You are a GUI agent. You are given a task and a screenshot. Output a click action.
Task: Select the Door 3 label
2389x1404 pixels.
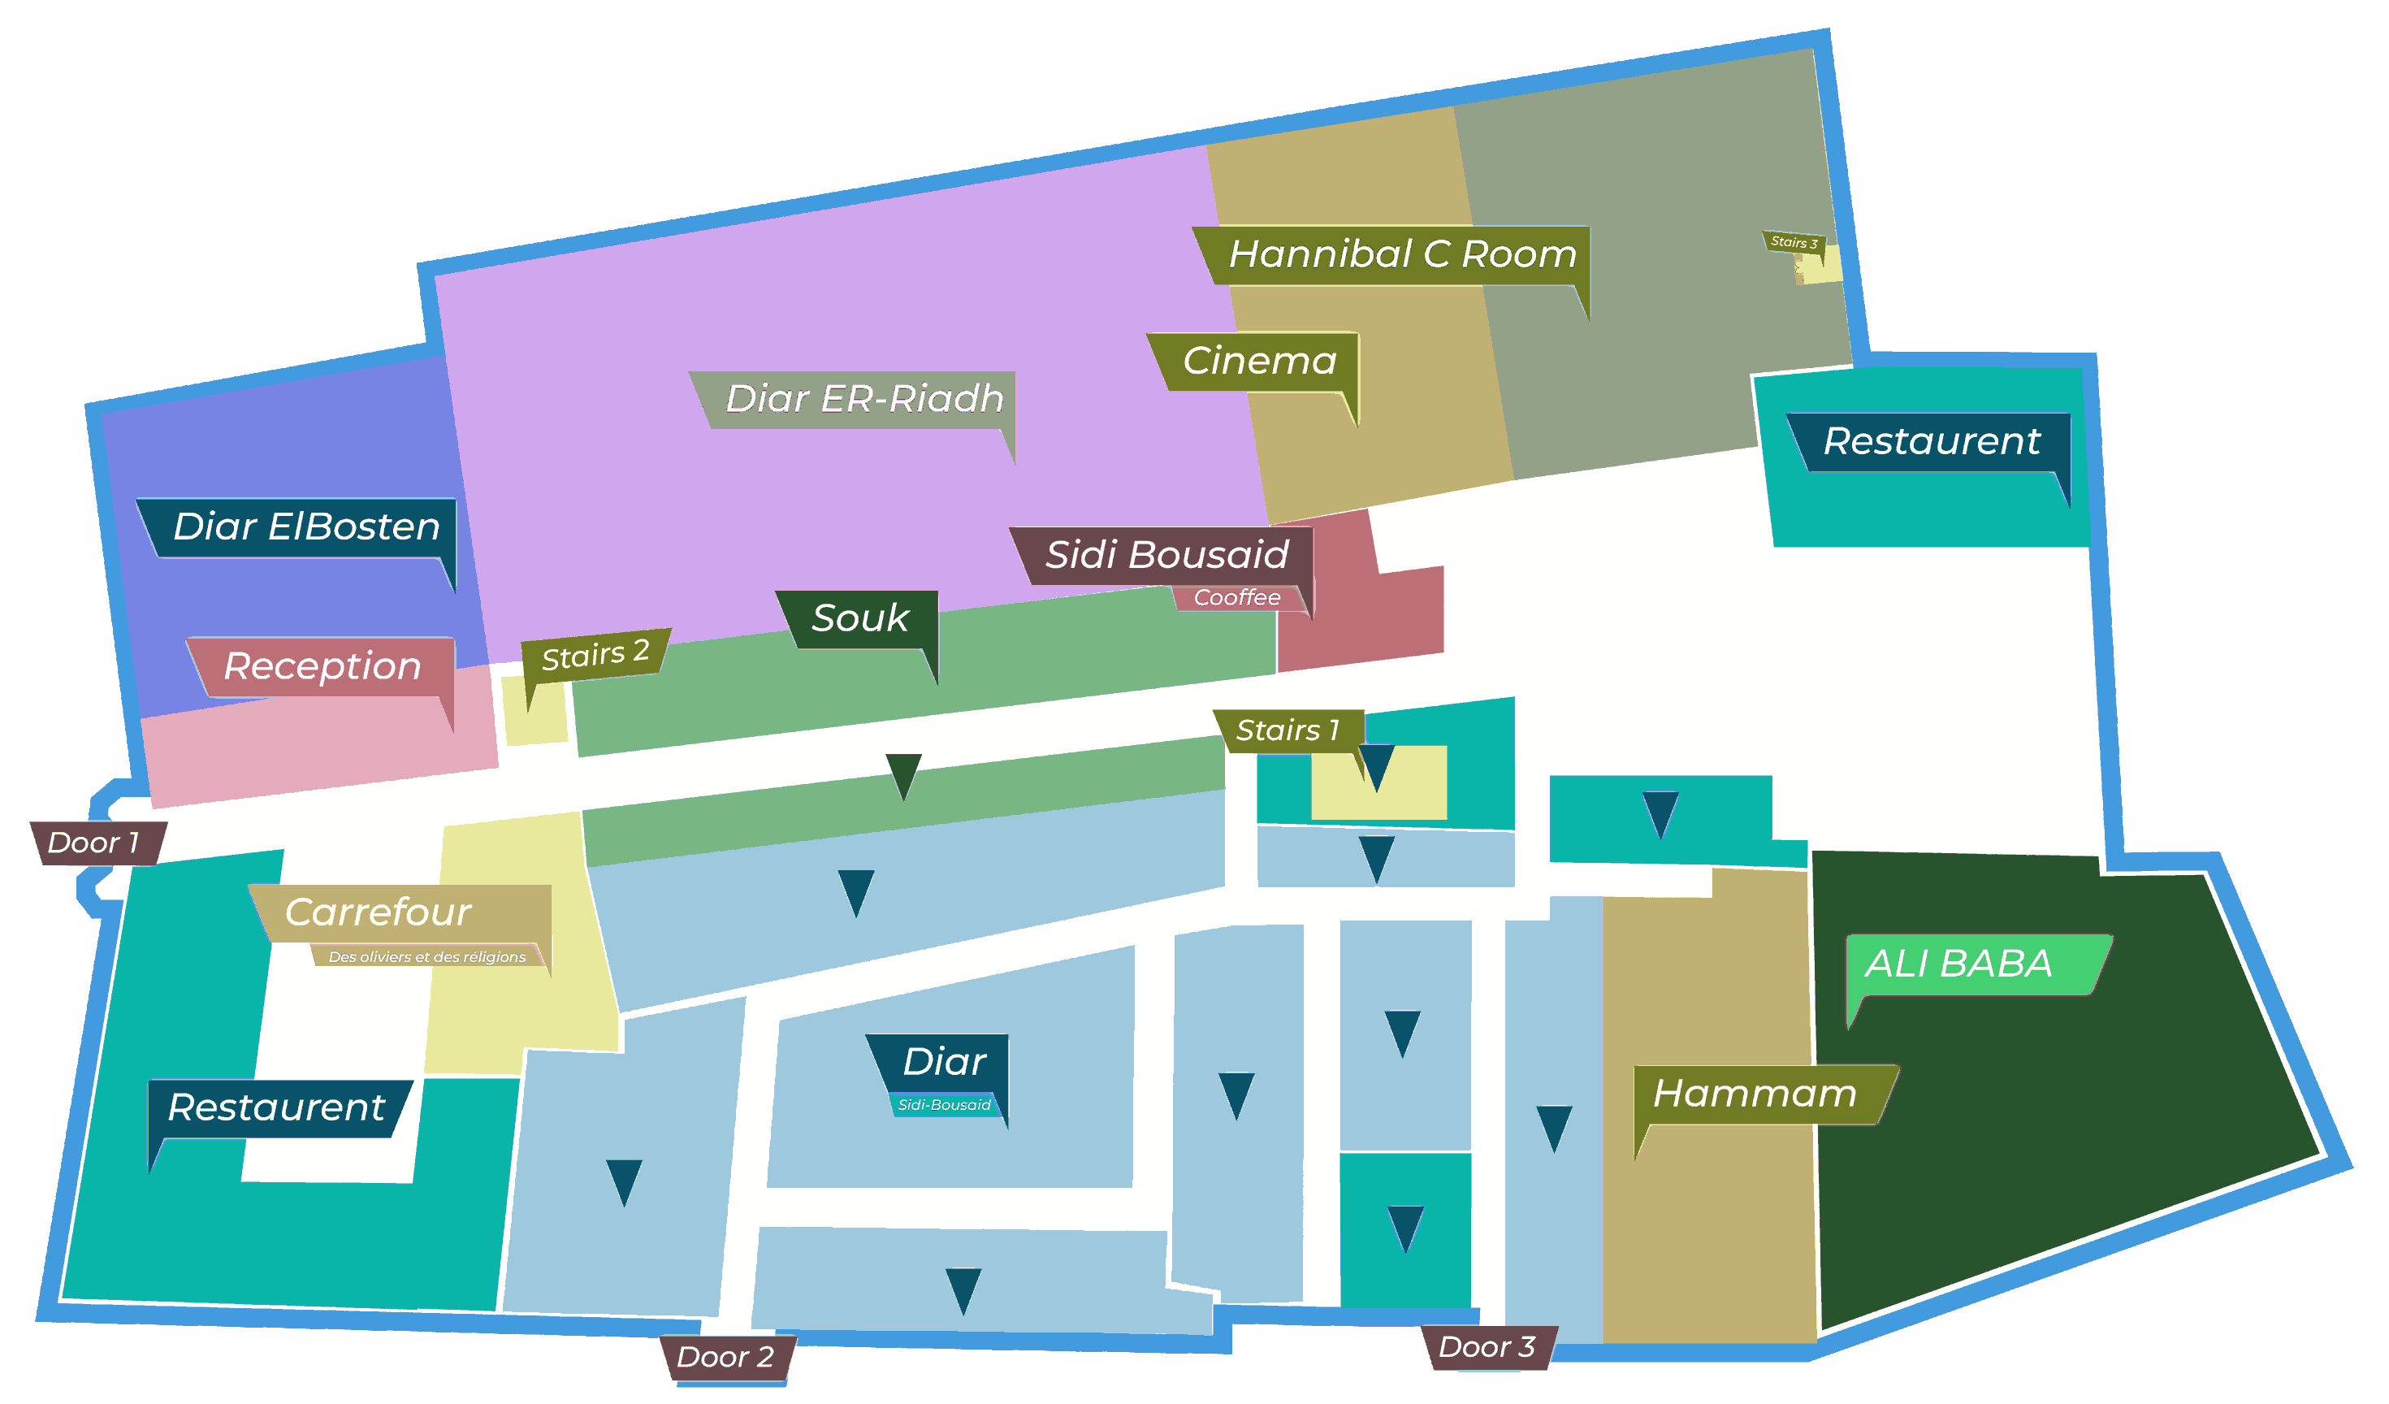pos(1487,1347)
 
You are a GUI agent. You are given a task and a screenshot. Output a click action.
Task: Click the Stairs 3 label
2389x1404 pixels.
pos(1794,243)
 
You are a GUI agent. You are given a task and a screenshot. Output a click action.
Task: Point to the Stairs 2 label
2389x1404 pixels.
pos(595,654)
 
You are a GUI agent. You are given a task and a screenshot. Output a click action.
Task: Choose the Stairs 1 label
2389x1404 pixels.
pos(1288,730)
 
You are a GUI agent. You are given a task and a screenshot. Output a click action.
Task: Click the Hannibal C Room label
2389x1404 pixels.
pos(1401,254)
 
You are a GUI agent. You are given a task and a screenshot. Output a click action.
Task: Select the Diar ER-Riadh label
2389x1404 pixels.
pos(863,399)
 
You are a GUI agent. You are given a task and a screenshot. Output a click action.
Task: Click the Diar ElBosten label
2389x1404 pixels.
pos(305,527)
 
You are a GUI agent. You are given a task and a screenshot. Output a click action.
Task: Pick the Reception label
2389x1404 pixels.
pos(322,666)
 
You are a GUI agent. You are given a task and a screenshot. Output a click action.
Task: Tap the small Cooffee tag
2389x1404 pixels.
pos(1236,598)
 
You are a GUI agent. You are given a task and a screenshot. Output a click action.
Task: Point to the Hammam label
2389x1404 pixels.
pos(1755,1094)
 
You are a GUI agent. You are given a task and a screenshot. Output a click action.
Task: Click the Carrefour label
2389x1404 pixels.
pos(377,912)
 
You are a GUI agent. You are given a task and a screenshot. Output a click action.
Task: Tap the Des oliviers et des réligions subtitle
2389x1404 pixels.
pos(426,956)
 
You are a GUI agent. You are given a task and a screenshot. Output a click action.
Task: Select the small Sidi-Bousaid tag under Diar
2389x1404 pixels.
pos(944,1105)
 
